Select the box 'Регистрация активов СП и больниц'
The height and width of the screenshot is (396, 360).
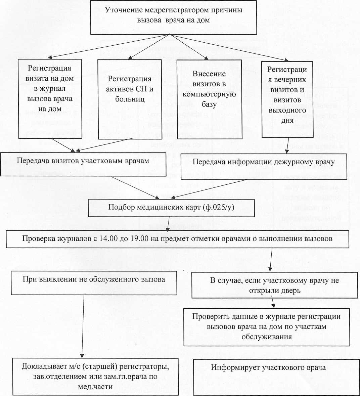point(130,99)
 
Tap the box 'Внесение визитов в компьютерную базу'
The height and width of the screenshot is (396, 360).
point(209,99)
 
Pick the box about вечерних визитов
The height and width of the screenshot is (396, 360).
point(287,99)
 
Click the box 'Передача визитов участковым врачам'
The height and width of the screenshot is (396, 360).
point(83,164)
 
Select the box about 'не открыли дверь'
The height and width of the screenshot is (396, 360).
point(274,285)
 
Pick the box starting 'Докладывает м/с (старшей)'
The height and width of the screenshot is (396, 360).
point(95,376)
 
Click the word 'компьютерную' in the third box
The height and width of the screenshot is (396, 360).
point(209,94)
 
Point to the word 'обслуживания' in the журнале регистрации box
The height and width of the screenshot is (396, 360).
point(266,337)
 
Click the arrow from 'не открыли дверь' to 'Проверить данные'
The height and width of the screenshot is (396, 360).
point(273,303)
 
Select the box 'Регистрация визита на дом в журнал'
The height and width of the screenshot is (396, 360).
point(50,99)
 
